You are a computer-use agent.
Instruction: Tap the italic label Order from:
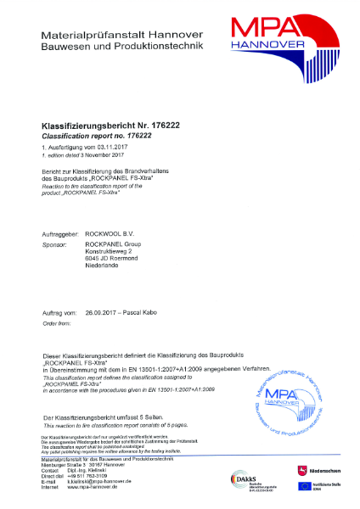tap(56, 300)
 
